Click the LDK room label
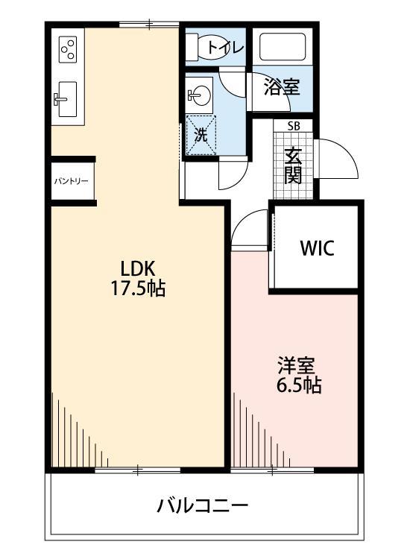point(139,267)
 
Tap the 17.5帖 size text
point(139,288)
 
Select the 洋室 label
point(297,366)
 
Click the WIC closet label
point(318,248)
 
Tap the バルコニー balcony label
point(202,506)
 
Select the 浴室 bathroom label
point(283,88)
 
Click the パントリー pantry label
point(72,181)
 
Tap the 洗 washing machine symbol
point(201,136)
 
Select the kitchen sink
point(65,98)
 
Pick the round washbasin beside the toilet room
point(199,95)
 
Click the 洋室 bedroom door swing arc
point(249,227)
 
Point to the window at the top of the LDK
point(148,25)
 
